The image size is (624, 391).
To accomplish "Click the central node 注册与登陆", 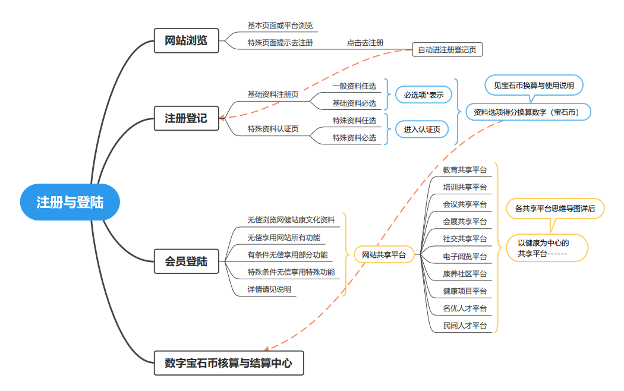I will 70,202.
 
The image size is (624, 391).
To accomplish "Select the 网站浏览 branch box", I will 186,40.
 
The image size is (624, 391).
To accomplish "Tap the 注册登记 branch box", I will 186,118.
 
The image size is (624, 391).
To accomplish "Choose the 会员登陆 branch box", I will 186,260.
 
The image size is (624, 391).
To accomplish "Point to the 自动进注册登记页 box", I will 447,50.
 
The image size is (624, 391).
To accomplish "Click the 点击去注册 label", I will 365,43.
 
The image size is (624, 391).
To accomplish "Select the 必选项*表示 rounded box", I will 424,94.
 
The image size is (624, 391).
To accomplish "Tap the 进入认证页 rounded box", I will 421,129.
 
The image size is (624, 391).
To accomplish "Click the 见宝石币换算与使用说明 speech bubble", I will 534,86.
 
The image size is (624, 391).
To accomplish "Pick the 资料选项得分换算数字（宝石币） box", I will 528,112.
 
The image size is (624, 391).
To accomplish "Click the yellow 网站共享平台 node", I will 384,255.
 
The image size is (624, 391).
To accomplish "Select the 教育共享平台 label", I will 465,170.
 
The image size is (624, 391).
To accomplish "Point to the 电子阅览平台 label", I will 465,257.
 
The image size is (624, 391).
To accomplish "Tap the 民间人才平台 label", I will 465,326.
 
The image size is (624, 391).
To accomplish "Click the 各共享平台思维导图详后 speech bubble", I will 555,209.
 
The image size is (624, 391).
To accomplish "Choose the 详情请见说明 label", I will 269,289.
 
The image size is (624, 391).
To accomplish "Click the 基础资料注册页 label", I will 273,94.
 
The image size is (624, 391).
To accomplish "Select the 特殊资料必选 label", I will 354,138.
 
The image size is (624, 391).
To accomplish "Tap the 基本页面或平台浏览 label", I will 280,26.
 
